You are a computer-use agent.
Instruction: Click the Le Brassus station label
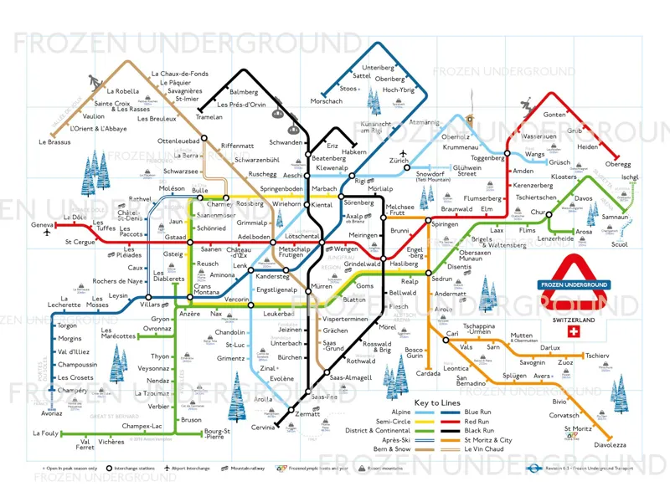[x=54, y=142]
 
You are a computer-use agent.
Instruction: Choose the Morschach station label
[x=326, y=101]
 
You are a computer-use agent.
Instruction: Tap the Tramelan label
[x=209, y=117]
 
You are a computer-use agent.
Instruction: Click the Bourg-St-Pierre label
[x=217, y=434]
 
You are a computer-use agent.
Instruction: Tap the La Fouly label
[x=46, y=433]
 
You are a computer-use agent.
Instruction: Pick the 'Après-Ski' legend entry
[x=396, y=440]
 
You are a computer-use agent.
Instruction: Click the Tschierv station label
[x=597, y=356]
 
